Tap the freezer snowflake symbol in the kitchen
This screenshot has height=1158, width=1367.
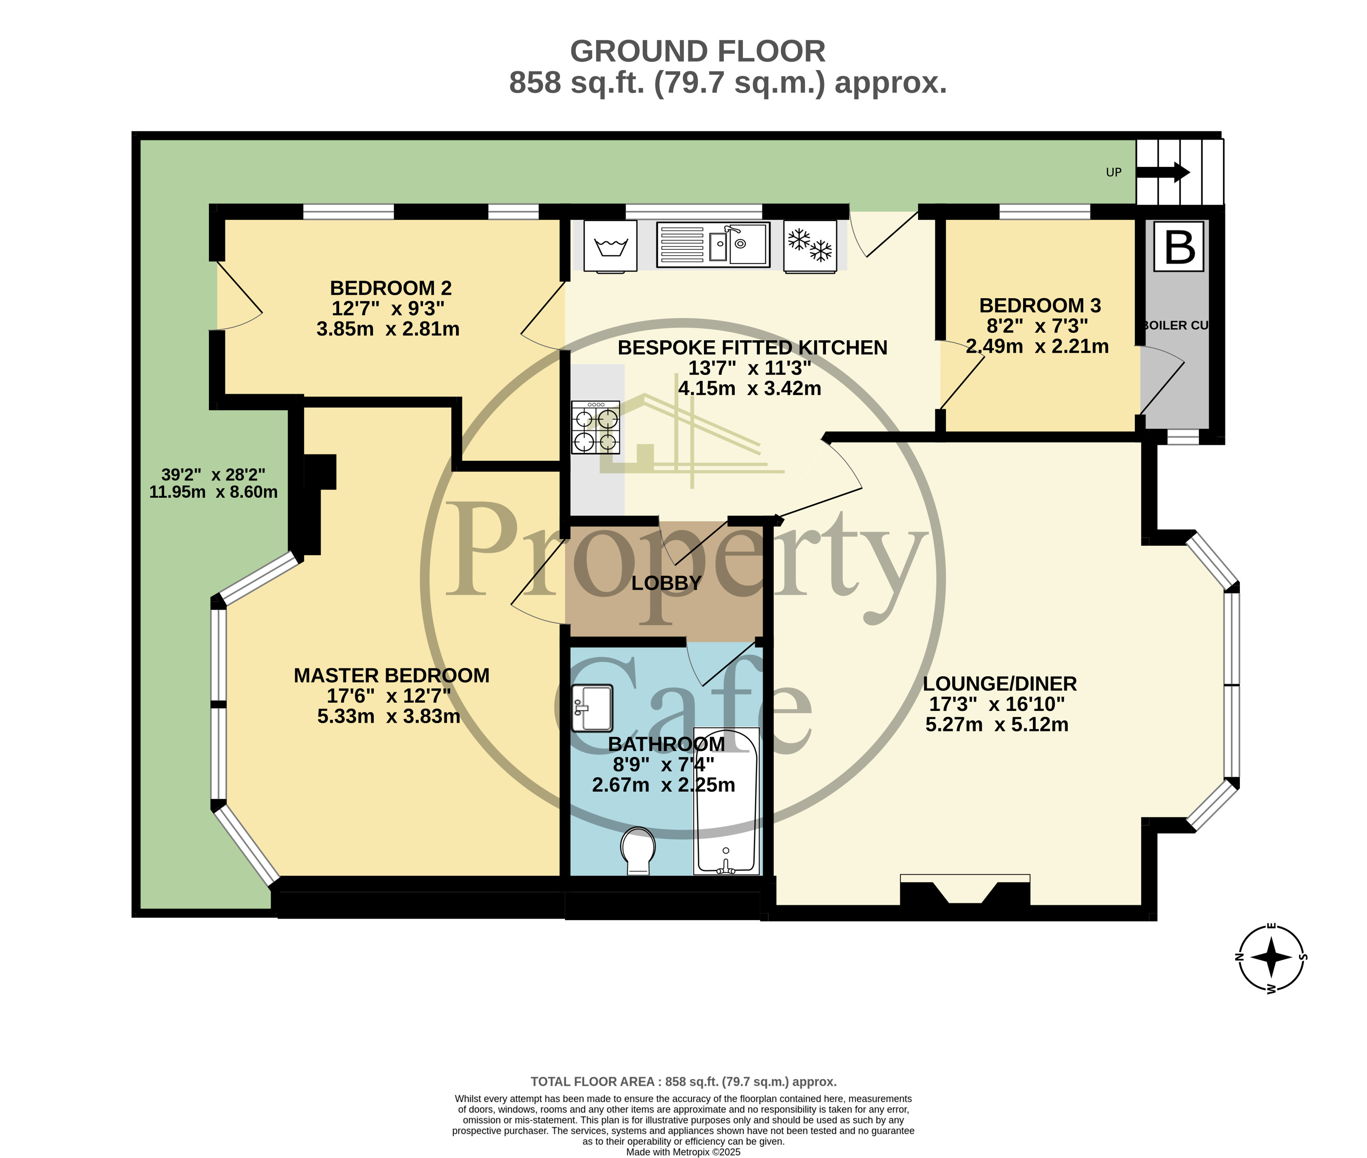[x=810, y=246]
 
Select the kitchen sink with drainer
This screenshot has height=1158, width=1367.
[x=713, y=245]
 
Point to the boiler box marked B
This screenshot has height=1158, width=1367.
[x=1179, y=246]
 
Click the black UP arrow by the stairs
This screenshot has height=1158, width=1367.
[x=1162, y=173]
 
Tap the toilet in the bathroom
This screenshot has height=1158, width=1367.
[x=638, y=850]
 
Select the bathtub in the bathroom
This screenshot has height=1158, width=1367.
[x=726, y=801]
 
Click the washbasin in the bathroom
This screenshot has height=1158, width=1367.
[x=592, y=708]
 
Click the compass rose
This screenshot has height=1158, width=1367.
[x=1270, y=958]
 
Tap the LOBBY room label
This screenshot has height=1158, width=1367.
[x=666, y=583]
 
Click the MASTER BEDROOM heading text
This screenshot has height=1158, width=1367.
[x=391, y=675]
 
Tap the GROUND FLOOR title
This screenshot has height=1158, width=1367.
[x=697, y=51]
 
